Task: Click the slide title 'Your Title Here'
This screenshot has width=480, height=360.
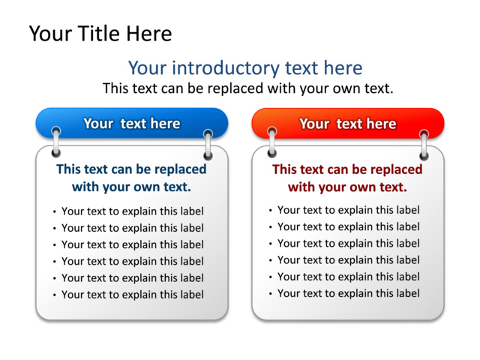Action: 100,34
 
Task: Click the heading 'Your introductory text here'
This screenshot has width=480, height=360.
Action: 244,68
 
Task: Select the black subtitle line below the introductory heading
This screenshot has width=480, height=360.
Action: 247,88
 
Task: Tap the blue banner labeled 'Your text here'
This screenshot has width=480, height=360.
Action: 131,124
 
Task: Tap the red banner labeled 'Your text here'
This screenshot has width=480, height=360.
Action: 347,124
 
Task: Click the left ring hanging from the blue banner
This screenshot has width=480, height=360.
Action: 56,142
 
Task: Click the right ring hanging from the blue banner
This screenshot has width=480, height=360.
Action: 208,144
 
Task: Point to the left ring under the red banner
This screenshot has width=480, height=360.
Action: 272,142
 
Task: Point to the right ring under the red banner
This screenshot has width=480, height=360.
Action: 424,144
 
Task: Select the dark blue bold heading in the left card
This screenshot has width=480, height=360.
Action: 131,178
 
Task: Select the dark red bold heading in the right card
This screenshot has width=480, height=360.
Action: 347,178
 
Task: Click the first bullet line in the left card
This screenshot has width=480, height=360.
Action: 132,211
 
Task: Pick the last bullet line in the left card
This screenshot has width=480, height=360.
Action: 132,294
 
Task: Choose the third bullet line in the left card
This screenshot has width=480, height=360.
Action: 132,244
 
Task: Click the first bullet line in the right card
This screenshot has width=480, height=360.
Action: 348,210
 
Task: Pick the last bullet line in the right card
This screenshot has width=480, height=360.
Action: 348,292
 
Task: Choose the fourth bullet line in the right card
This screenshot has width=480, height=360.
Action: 348,259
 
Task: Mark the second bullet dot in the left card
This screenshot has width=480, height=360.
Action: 55,229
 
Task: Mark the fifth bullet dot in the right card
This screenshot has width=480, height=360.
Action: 271,277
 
